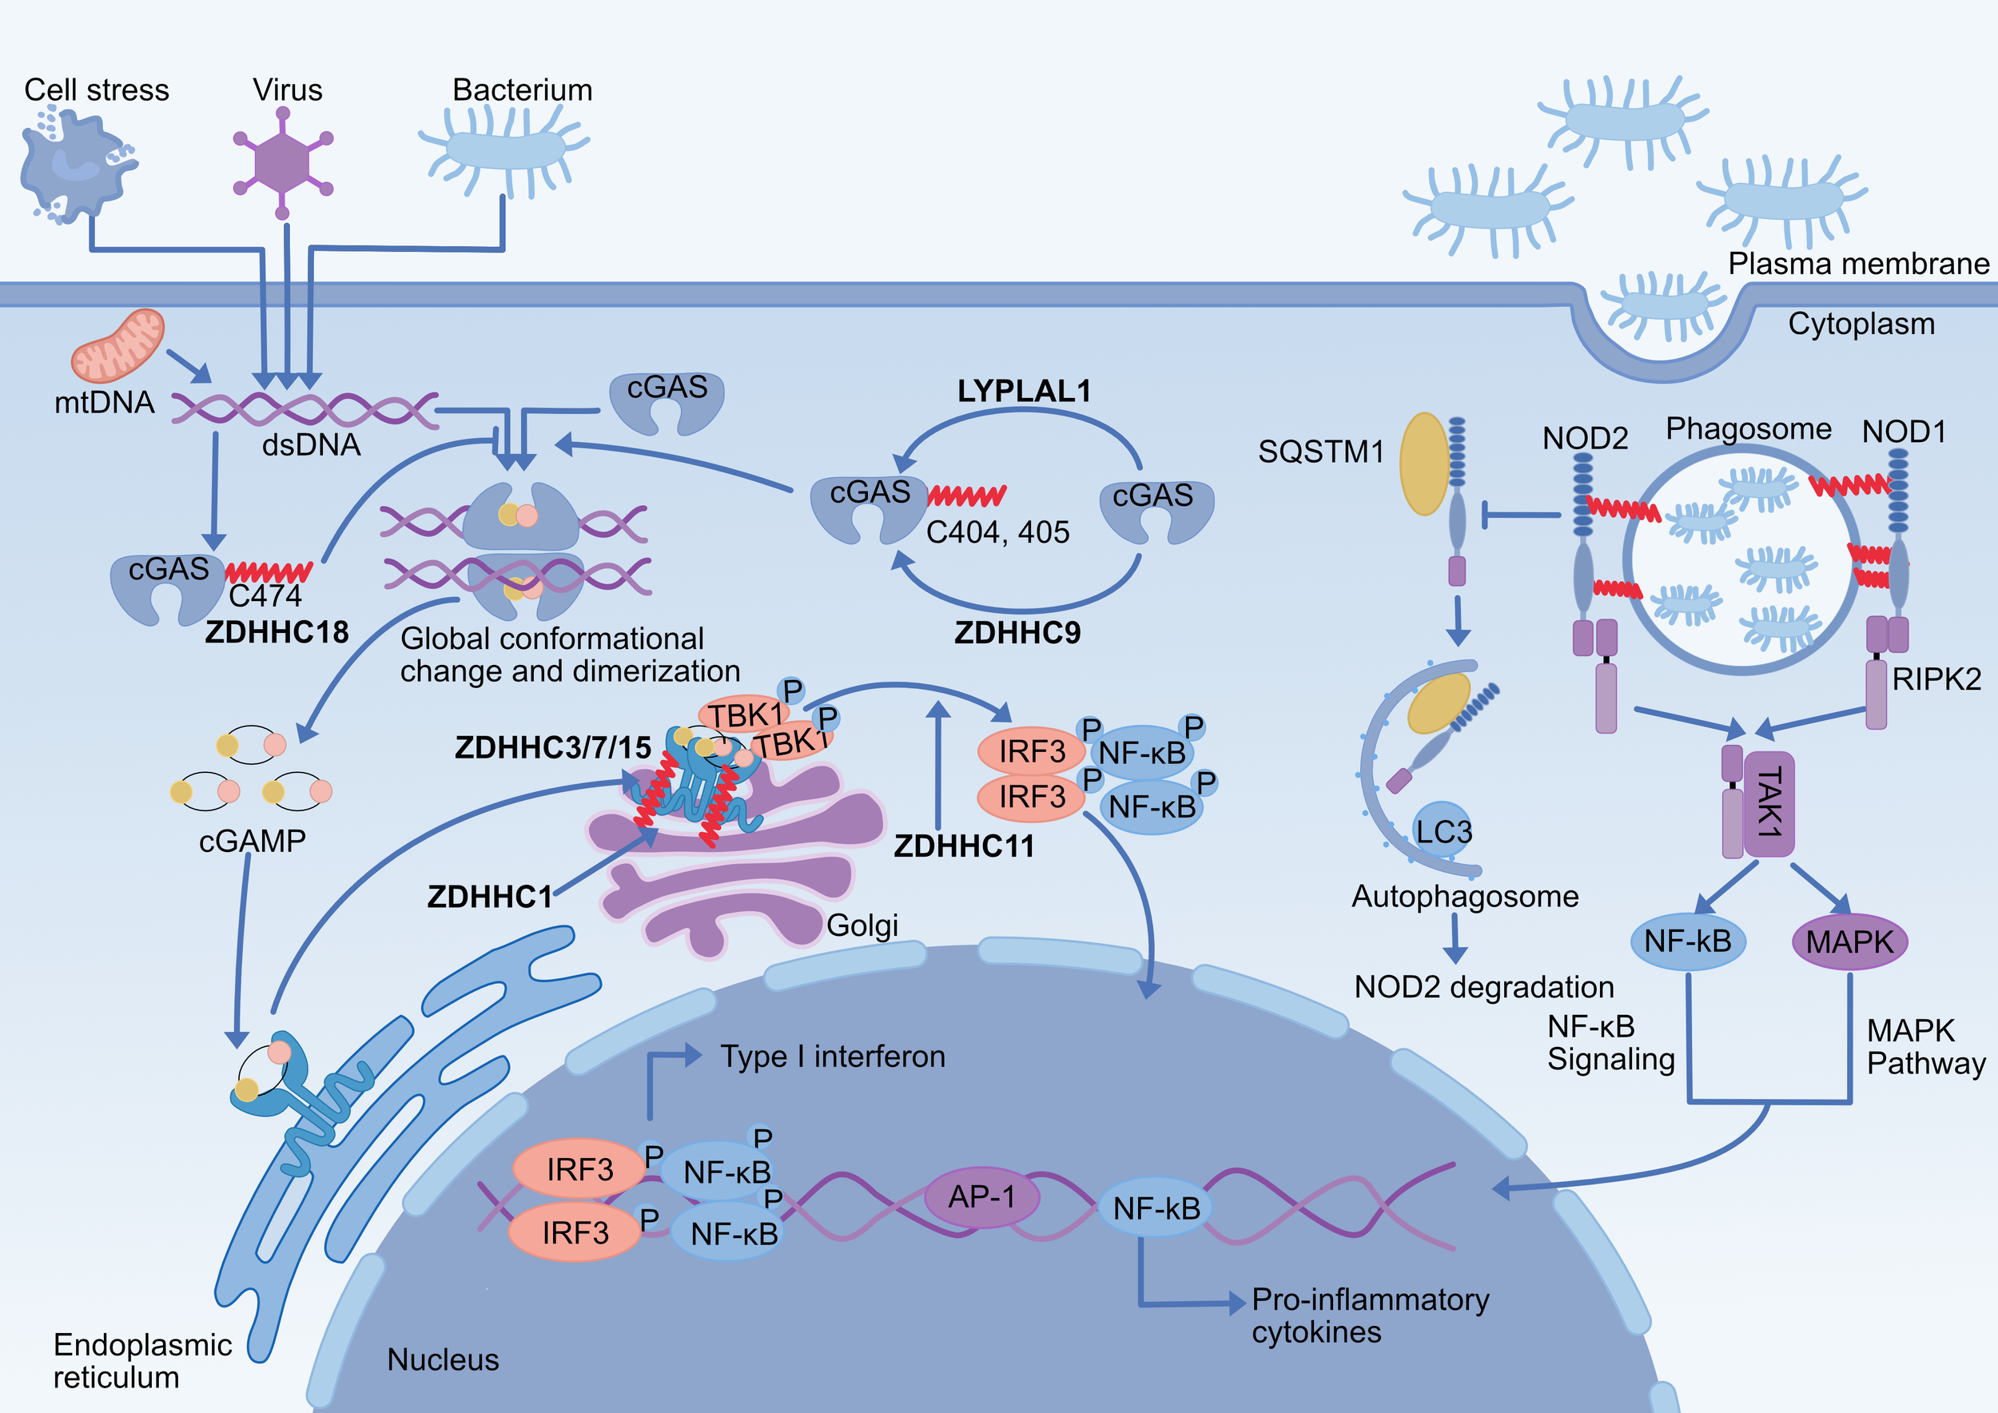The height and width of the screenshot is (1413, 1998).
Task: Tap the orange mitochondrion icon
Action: click(x=117, y=346)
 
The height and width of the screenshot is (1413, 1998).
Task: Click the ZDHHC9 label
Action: click(x=1017, y=632)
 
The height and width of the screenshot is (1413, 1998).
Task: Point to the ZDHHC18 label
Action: click(x=277, y=631)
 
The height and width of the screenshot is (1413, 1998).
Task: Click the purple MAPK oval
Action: click(x=1849, y=942)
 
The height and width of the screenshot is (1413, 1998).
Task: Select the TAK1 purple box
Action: click(x=1769, y=803)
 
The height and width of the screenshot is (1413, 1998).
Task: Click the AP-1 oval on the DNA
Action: click(x=981, y=1197)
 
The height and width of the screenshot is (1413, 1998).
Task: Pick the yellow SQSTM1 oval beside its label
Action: click(x=1423, y=464)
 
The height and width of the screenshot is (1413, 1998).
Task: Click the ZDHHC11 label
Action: click(x=964, y=846)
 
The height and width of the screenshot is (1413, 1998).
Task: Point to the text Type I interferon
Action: click(x=832, y=1057)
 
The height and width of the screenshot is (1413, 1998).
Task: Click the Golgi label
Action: click(x=862, y=925)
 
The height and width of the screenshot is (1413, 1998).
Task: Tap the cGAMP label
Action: click(x=253, y=842)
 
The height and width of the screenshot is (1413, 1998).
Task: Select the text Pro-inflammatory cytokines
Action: click(x=1369, y=1315)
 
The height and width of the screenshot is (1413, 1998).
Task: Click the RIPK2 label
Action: click(x=1936, y=679)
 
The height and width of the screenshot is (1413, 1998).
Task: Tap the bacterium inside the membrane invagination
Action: click(x=1662, y=305)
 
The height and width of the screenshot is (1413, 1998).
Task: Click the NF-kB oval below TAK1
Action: click(x=1687, y=941)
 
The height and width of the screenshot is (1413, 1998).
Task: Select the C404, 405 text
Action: click(x=997, y=531)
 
